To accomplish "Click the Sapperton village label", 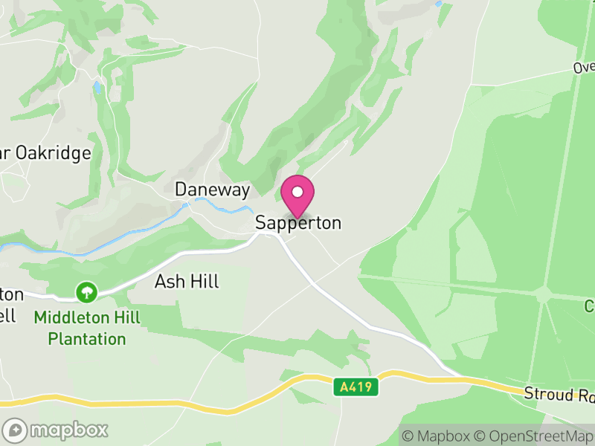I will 298,223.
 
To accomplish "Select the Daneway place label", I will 212,190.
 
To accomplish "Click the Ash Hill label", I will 187,282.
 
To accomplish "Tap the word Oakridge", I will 55,153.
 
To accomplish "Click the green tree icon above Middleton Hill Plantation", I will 87,292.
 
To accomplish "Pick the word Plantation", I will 87,339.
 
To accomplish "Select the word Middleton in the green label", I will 72,318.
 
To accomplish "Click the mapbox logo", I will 56,430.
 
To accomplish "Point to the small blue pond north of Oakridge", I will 97,87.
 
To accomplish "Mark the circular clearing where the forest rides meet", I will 544,295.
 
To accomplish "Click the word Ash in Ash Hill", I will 167,282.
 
